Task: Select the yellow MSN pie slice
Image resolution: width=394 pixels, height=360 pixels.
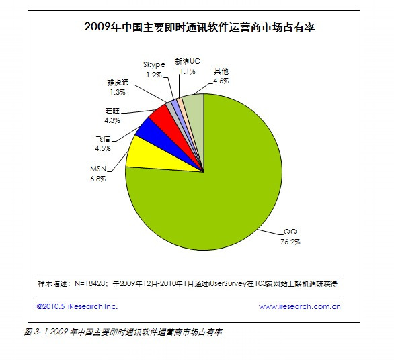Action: coord(151,157)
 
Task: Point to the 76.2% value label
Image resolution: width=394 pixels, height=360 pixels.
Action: coord(290,242)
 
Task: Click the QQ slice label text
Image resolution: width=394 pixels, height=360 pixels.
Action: coord(290,232)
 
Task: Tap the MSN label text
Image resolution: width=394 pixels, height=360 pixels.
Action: coord(98,169)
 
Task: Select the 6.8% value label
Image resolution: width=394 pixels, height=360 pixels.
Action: coord(98,179)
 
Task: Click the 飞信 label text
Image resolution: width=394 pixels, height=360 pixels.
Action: coord(103,138)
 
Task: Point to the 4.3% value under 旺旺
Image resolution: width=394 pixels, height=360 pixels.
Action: coord(112,120)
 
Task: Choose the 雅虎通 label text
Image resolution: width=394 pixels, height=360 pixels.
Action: coord(118,83)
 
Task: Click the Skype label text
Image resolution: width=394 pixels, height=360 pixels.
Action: coord(154,64)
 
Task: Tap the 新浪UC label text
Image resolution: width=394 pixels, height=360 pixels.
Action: coord(188,62)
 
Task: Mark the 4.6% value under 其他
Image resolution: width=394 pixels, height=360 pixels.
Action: coord(221,81)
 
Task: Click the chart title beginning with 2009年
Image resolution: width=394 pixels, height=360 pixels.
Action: coord(199,27)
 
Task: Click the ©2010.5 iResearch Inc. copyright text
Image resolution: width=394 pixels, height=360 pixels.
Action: coord(77,306)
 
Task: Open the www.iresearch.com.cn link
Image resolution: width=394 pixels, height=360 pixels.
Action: coord(299,306)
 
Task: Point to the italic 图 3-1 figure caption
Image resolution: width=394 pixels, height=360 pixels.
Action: coord(123,332)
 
